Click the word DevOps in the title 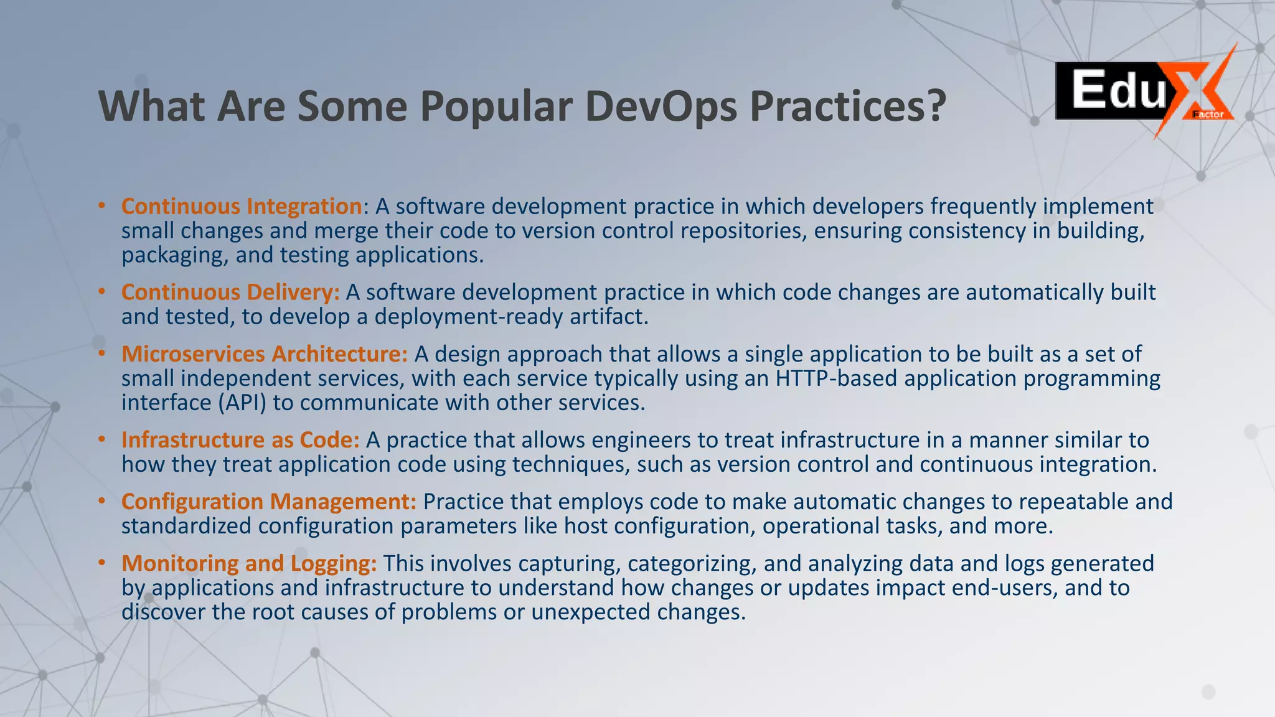pyautogui.click(x=661, y=106)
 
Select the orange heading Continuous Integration pyautogui.click(x=242, y=206)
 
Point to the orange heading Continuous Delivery pyautogui.click(x=230, y=292)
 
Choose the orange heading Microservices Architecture pyautogui.click(x=265, y=354)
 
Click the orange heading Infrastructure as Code pyautogui.click(x=240, y=439)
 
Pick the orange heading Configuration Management pyautogui.click(x=269, y=501)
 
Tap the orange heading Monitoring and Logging pyautogui.click(x=249, y=563)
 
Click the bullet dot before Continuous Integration pyautogui.click(x=101, y=205)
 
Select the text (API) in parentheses pyautogui.click(x=242, y=403)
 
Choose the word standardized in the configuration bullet pyautogui.click(x=186, y=526)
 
